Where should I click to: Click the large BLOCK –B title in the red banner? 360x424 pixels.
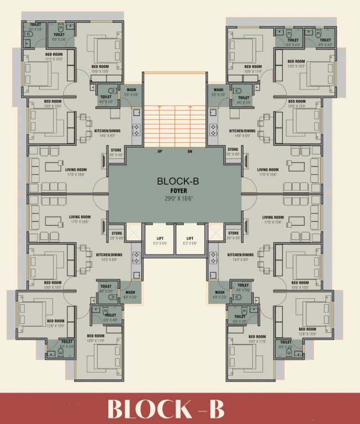coord(166,409)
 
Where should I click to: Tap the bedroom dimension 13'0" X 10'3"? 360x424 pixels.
coord(296,66)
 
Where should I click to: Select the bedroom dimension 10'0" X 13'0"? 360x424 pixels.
coord(103,71)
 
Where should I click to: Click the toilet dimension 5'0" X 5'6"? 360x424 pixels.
coord(35,29)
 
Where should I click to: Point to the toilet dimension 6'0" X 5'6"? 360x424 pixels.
coord(59,40)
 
